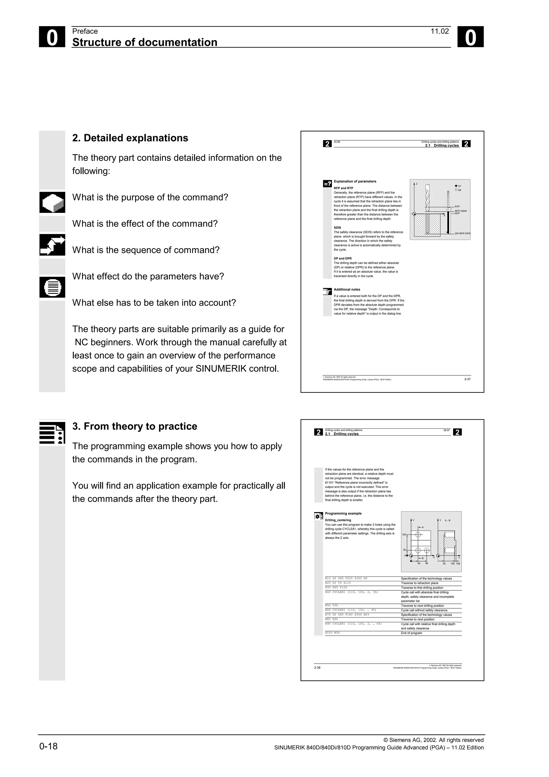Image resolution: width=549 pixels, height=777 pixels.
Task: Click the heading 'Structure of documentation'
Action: (x=145, y=42)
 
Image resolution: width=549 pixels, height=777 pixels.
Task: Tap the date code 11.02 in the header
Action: (x=439, y=31)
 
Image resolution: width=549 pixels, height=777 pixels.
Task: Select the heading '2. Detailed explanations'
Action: (x=130, y=138)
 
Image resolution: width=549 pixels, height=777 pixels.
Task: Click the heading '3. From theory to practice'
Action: (x=135, y=426)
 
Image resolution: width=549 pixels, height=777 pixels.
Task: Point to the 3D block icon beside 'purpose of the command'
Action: (x=52, y=202)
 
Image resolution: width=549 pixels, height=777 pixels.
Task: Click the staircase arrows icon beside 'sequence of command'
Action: (x=52, y=245)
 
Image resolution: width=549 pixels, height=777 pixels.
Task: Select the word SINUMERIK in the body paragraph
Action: (x=221, y=369)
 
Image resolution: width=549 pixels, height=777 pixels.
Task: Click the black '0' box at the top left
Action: (x=52, y=37)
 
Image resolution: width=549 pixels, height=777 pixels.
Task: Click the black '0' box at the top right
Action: (x=470, y=37)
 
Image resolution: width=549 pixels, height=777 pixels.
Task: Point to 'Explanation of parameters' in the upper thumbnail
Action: (x=355, y=182)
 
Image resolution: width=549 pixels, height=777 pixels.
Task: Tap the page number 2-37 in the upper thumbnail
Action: (x=467, y=379)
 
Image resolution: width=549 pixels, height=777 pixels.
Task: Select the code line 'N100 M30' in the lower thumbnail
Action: (x=332, y=632)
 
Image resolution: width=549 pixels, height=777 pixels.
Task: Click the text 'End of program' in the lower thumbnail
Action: (x=411, y=633)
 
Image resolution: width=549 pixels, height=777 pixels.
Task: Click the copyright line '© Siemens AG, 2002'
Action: (x=433, y=740)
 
